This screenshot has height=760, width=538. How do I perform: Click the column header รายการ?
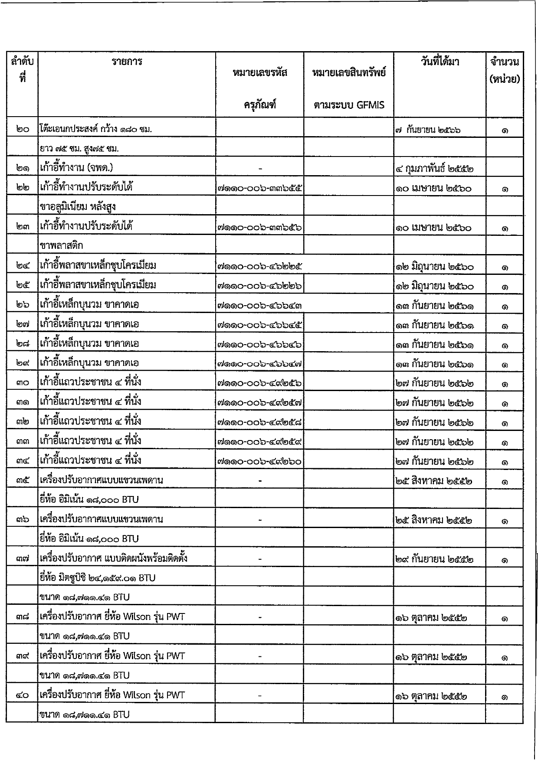point(127,62)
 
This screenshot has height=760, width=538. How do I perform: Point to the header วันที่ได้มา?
point(440,62)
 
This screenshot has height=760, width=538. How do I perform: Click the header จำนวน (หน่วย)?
point(504,71)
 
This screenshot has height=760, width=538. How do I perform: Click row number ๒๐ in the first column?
point(22,129)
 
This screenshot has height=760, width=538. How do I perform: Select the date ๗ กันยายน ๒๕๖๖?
point(428,130)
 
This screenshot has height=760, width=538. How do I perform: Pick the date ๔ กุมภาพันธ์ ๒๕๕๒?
point(434,169)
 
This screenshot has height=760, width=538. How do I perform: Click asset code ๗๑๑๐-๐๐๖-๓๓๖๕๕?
point(259,189)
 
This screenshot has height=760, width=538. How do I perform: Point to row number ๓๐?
point(22,384)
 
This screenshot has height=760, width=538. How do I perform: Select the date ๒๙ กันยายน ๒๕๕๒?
point(434,559)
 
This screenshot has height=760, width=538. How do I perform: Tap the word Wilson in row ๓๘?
point(137,617)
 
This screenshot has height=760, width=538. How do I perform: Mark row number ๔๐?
point(22,695)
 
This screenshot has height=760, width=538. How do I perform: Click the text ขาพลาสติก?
point(61,246)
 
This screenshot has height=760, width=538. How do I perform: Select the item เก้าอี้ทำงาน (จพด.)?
point(76,168)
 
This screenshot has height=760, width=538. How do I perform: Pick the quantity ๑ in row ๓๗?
point(504,561)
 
